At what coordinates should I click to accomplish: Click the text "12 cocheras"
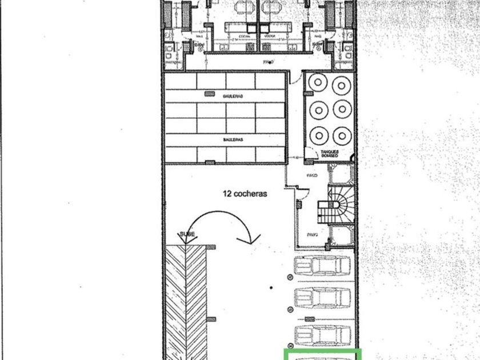click(245, 194)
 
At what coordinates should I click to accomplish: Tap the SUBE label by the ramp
click(187, 235)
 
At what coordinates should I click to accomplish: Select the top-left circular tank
click(317, 84)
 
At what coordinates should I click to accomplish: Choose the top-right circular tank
click(342, 84)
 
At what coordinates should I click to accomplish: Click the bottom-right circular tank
click(342, 135)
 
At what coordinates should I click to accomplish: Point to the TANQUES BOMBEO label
click(330, 153)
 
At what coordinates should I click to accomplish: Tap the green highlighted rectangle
click(323, 354)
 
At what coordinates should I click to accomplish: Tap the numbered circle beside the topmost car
click(289, 277)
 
